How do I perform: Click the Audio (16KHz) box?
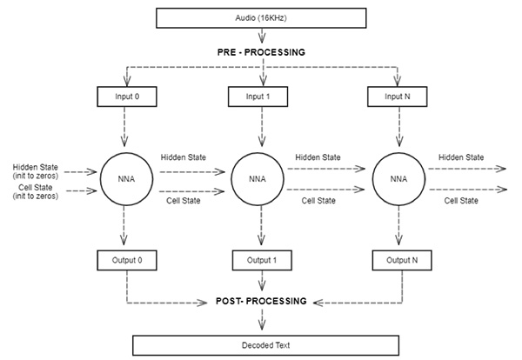tap(262, 17)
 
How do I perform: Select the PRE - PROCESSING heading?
tap(262, 52)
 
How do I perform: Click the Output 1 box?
tap(262, 259)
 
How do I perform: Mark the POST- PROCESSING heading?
tap(262, 301)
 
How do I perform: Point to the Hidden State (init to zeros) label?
tap(32, 171)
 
